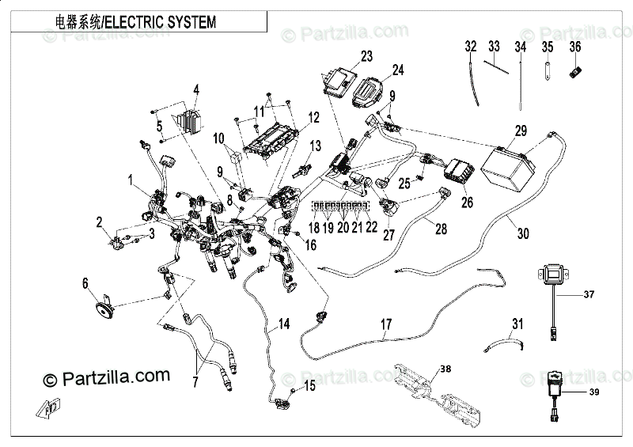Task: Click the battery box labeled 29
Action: click(x=509, y=169)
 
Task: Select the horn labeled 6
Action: click(x=104, y=309)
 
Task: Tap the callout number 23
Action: click(x=366, y=56)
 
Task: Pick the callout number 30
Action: click(x=523, y=233)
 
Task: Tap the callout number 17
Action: click(x=386, y=324)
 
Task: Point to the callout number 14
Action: click(x=284, y=324)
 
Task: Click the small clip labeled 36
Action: click(x=576, y=72)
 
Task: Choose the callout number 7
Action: click(x=195, y=381)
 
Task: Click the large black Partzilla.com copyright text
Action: click(x=107, y=378)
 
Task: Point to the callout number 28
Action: click(x=441, y=229)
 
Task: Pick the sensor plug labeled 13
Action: click(x=302, y=170)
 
